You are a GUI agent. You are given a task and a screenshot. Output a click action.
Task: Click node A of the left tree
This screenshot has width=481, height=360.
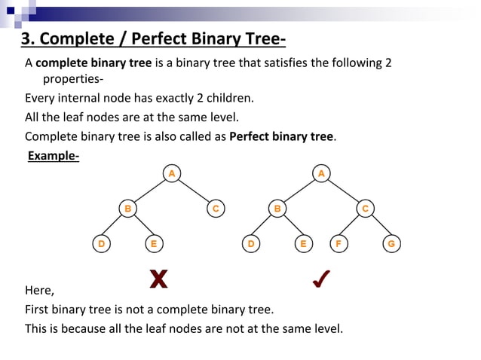point(172,174)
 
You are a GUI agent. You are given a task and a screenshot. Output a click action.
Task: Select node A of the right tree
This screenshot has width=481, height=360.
point(322,174)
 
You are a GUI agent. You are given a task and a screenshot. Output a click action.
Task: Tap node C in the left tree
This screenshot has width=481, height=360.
point(216,209)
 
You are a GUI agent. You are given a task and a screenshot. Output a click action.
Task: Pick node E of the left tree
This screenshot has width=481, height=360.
point(154,243)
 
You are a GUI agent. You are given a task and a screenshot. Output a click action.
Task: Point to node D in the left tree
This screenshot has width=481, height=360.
point(101,243)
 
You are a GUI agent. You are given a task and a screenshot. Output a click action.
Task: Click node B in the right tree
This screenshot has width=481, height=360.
point(278,209)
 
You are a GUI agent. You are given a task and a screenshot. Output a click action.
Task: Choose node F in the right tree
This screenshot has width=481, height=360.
point(339,243)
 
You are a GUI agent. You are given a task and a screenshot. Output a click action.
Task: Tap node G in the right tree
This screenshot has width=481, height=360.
point(391,243)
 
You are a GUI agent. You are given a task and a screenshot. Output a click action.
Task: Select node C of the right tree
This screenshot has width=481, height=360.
point(366,209)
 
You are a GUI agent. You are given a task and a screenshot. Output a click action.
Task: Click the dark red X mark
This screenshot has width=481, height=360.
point(158,279)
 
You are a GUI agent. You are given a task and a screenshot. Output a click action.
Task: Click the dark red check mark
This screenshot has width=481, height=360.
point(320,279)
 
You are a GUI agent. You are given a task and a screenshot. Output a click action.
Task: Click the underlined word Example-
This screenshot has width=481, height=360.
point(54,156)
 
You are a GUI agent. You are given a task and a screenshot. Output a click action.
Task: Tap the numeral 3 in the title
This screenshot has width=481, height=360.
point(25,39)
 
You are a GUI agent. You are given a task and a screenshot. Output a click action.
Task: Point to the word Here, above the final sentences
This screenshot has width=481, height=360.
point(39,290)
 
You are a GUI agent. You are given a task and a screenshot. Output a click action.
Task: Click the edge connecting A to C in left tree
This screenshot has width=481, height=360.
point(194,191)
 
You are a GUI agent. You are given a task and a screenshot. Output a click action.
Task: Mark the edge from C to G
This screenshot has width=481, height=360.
point(378,226)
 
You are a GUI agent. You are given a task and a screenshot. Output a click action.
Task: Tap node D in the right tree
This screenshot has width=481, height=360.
point(251,243)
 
